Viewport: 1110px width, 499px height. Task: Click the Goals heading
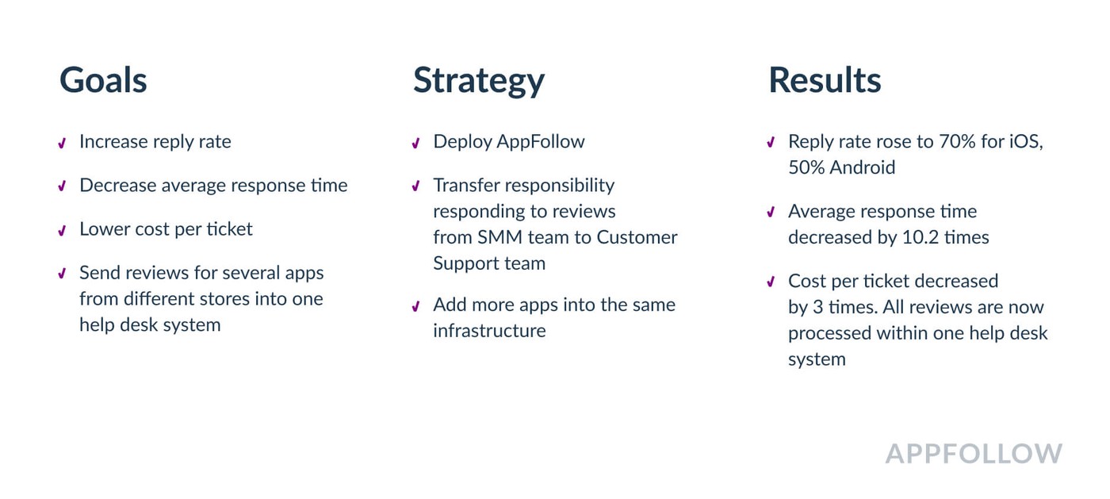pos(103,80)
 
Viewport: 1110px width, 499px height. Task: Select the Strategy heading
pos(479,82)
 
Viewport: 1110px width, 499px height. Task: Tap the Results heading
pos(825,80)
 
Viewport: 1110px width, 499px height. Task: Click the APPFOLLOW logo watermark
pos(974,454)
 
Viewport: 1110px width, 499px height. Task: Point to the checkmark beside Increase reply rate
pos(62,144)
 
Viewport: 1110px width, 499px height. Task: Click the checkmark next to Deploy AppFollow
pos(415,144)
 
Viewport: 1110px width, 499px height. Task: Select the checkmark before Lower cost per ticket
pos(62,231)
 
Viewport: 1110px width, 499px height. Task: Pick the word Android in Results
pos(863,167)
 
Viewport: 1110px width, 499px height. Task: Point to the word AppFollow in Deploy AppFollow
pos(541,142)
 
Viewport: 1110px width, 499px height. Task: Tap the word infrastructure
pos(490,331)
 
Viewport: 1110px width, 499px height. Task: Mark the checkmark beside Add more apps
pos(415,306)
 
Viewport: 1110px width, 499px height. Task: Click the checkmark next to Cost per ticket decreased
pos(771,282)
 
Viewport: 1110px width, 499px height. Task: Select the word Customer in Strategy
pos(637,237)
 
